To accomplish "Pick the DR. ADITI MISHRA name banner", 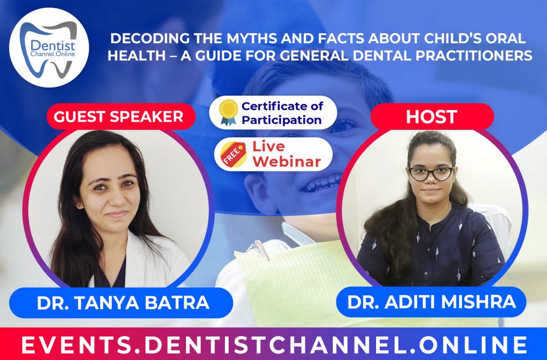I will click(x=432, y=302).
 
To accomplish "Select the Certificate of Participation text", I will click(x=282, y=112).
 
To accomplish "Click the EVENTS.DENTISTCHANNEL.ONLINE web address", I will click(x=273, y=345).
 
